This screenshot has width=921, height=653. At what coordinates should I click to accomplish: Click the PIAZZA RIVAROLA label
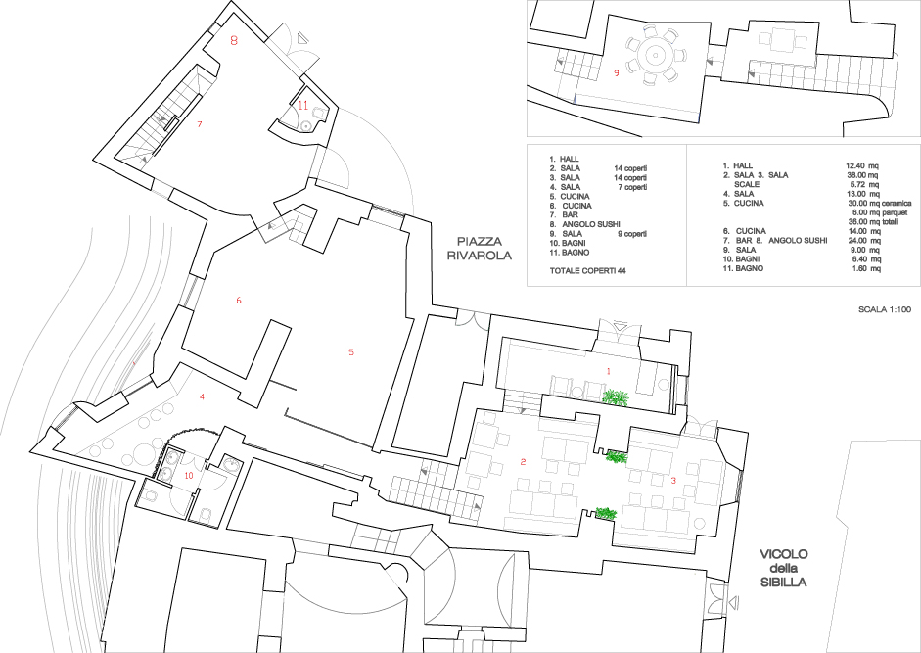pos(480,249)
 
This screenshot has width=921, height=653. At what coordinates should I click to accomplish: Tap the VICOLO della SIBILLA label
pos(784,569)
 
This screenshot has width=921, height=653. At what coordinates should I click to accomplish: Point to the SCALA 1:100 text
pos(885,309)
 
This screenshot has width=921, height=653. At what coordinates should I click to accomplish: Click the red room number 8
pos(234,41)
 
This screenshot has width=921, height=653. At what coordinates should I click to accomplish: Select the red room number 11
pos(302,106)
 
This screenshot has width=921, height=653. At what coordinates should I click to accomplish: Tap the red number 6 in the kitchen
pos(239,301)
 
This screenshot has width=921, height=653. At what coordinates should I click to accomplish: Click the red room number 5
pos(351,352)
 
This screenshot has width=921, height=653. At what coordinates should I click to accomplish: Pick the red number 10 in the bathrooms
pos(189,476)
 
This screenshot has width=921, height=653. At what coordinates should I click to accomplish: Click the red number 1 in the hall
pos(609,371)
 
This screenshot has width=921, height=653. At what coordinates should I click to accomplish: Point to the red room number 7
pos(200,124)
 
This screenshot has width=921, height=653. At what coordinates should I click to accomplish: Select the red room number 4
pos(202,397)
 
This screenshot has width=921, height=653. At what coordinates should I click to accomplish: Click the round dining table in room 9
pos(654,56)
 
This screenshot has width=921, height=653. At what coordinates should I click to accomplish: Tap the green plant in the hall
pos(615,397)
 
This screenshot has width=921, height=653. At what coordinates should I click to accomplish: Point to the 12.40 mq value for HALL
pos(861,165)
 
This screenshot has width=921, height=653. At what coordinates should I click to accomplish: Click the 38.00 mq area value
pos(861,175)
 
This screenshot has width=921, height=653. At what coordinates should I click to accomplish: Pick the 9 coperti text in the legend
pos(632,233)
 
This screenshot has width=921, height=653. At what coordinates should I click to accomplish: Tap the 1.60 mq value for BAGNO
pos(866,268)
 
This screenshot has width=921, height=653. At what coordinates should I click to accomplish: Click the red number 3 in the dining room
pos(673,480)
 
